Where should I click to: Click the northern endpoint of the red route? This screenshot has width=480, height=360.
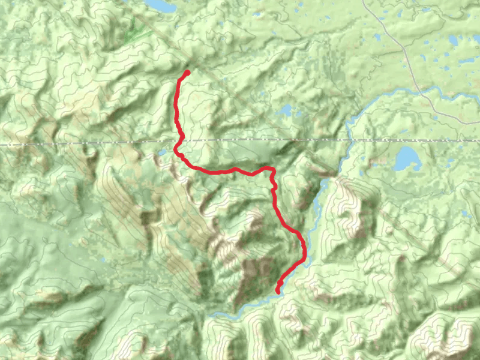pyautogui.click(x=187, y=73)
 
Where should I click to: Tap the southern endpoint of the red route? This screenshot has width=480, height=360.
pyautogui.click(x=277, y=291)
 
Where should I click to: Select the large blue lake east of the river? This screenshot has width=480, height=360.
pyautogui.click(x=408, y=158)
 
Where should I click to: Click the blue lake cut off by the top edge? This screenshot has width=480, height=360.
pyautogui.click(x=161, y=5)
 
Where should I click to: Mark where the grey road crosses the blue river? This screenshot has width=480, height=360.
pyautogui.click(x=424, y=92)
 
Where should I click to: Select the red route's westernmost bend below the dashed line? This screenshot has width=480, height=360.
pyautogui.click(x=176, y=150)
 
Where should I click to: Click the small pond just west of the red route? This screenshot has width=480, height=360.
pyautogui.click(x=162, y=153)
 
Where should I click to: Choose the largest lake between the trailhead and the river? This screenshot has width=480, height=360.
pyautogui.click(x=286, y=111)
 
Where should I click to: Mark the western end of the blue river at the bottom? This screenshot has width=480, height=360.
pyautogui.click(x=210, y=313)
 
